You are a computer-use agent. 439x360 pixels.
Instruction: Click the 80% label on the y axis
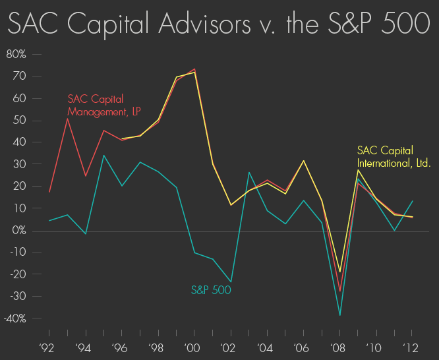click(x=16, y=54)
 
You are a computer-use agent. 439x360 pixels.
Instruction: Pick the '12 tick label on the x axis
click(x=412, y=347)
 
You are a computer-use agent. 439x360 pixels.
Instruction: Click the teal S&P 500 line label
click(x=211, y=289)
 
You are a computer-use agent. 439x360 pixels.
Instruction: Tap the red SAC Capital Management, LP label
click(x=105, y=105)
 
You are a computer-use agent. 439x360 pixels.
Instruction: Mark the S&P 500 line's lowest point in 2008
click(x=339, y=315)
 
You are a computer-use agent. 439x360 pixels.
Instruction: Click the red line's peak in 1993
click(x=68, y=119)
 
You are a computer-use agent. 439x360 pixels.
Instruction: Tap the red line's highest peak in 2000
click(x=194, y=69)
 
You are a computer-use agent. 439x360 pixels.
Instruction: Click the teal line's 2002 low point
click(x=231, y=282)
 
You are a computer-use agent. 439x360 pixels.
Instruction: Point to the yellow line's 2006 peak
click(x=303, y=161)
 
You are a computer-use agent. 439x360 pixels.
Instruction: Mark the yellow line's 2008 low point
click(x=339, y=272)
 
